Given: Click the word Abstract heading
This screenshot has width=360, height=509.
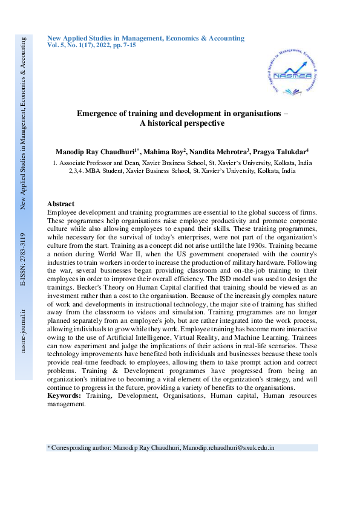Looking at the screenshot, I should coord(61,204).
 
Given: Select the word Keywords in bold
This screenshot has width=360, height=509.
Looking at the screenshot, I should coord(64,395).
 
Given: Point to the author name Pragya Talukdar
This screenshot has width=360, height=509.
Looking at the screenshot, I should coord(280,151).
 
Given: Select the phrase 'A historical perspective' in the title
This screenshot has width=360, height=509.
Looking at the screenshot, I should coord(182,123).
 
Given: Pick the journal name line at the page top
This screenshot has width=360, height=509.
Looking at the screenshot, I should coord(146,38).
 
